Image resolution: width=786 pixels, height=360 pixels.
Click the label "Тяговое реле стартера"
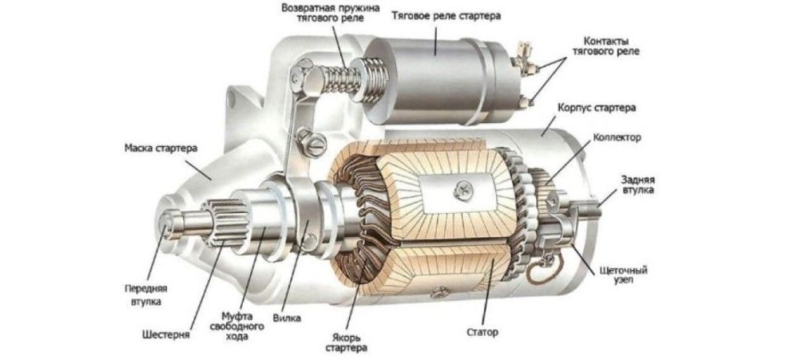(x=445, y=16)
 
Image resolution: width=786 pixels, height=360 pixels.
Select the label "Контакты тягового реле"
(x=606, y=45)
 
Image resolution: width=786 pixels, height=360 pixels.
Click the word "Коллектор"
(x=616, y=137)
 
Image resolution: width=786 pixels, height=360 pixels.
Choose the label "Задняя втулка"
(x=637, y=184)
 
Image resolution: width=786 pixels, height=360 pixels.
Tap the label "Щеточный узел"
(x=624, y=275)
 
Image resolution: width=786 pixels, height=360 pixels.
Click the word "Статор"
(x=482, y=332)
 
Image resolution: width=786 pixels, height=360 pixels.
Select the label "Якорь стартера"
(x=346, y=342)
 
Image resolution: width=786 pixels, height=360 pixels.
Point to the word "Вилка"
(x=287, y=318)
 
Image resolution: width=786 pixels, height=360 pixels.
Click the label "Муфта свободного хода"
(x=243, y=326)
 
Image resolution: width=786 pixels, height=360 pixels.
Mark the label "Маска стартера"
(x=160, y=149)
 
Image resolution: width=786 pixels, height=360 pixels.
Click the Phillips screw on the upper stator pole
(x=462, y=189)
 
